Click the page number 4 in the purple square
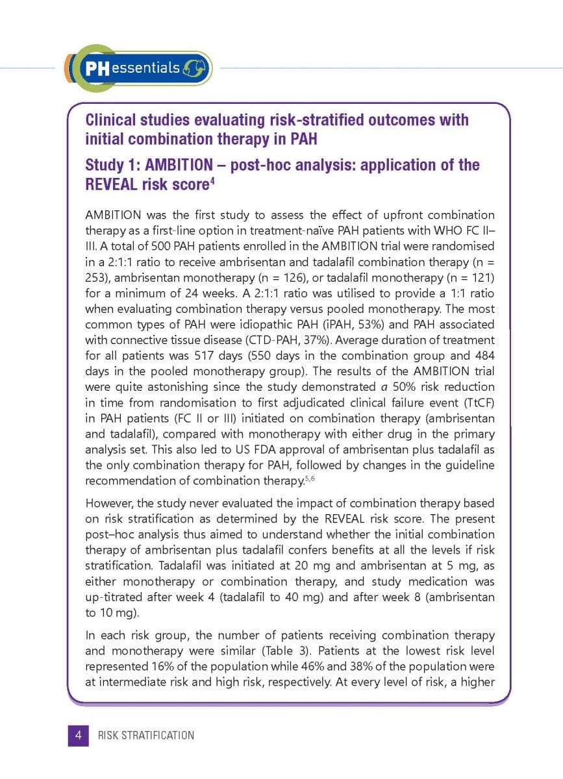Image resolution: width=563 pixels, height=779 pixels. coord(78,736)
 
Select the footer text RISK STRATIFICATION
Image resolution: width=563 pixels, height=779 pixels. coord(145,736)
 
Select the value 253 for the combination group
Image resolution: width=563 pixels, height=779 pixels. coord(95,277)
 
